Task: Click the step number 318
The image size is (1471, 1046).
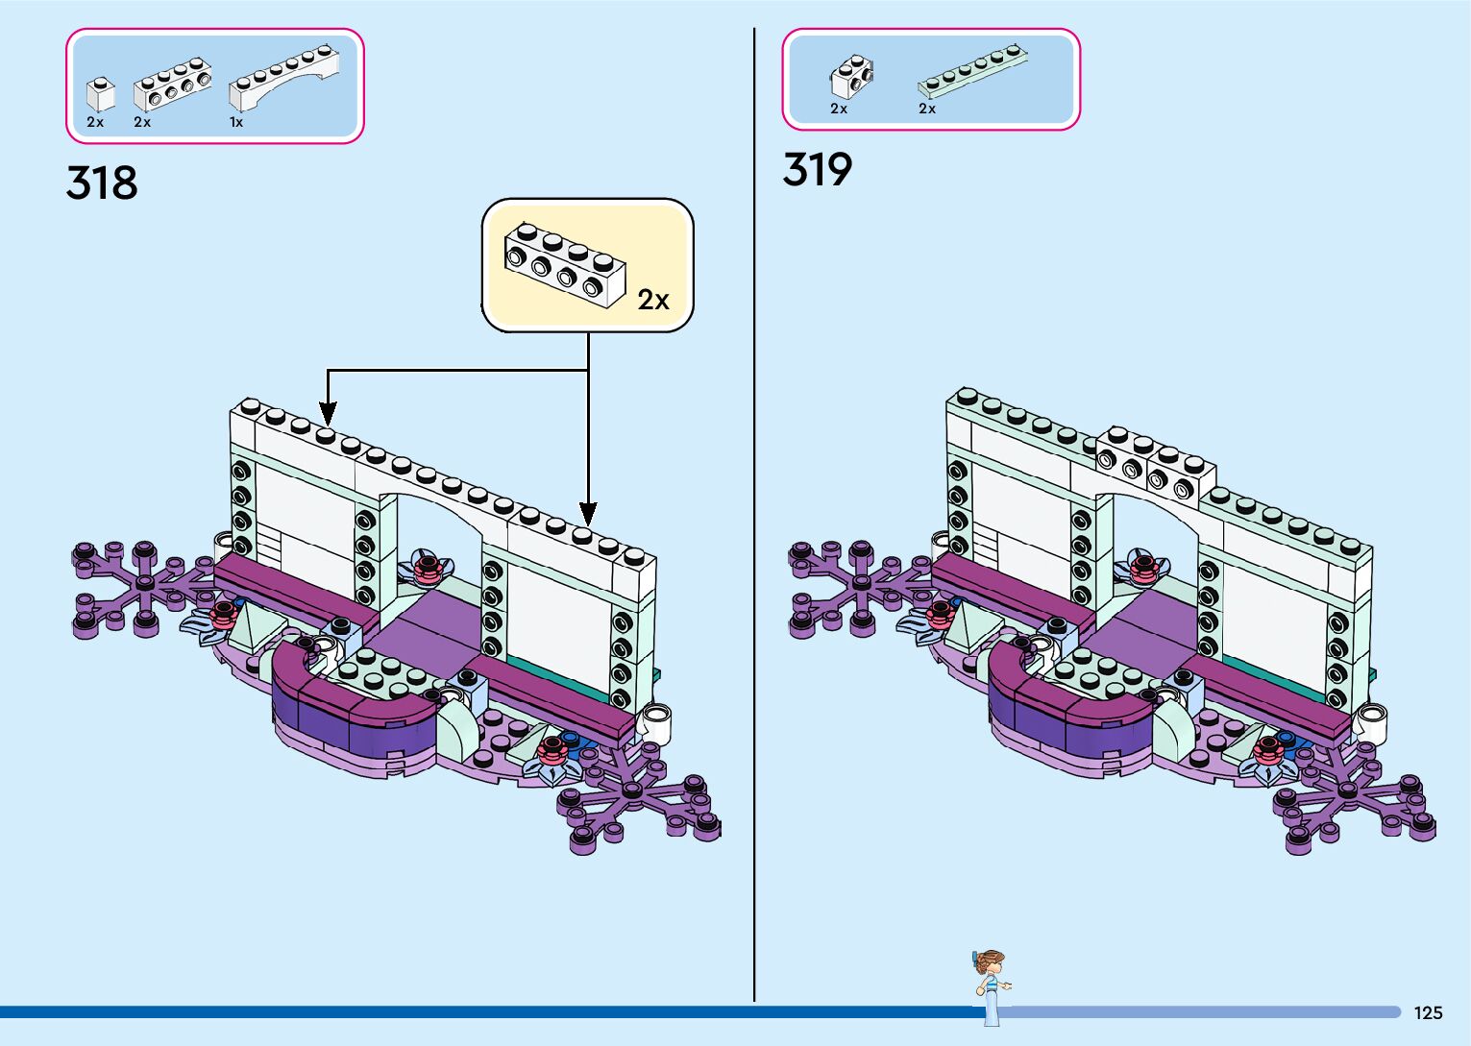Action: tap(102, 182)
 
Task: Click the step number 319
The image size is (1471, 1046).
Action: tap(818, 170)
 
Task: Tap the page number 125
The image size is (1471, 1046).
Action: tap(1428, 1012)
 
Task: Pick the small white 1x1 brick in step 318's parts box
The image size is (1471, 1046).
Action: tap(100, 93)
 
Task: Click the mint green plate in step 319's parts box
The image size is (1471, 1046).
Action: tap(974, 71)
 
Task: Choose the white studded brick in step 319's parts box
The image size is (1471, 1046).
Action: tap(851, 78)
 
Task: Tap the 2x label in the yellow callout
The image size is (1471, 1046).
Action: tap(653, 301)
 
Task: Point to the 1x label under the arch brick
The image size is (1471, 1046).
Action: tap(236, 123)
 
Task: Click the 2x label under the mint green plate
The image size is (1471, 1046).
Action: tap(927, 109)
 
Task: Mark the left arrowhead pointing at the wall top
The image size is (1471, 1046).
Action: tap(328, 414)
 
